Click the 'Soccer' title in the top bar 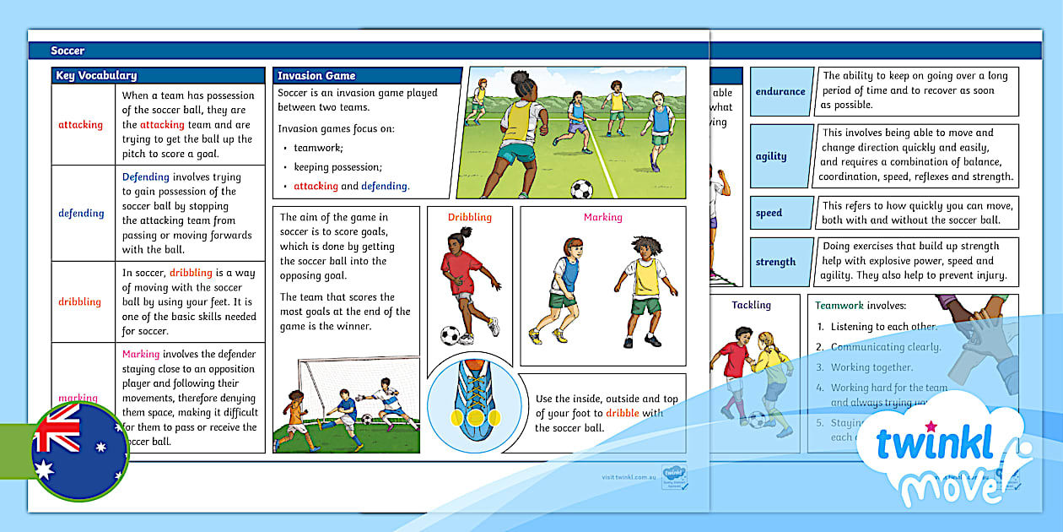pyautogui.click(x=67, y=51)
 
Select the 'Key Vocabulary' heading pyautogui.click(x=96, y=76)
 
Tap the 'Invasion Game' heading pyautogui.click(x=316, y=76)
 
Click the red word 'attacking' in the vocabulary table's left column pyautogui.click(x=80, y=125)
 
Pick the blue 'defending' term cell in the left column pyautogui.click(x=81, y=214)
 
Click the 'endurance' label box pyautogui.click(x=780, y=91)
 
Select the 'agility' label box pyautogui.click(x=771, y=156)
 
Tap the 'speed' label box pyautogui.click(x=769, y=213)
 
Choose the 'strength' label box pyautogui.click(x=775, y=262)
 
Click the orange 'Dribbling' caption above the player pyautogui.click(x=469, y=217)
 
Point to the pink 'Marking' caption pyautogui.click(x=602, y=217)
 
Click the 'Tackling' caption pyautogui.click(x=751, y=305)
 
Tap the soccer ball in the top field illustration pyautogui.click(x=581, y=188)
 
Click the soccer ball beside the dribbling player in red pyautogui.click(x=450, y=335)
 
